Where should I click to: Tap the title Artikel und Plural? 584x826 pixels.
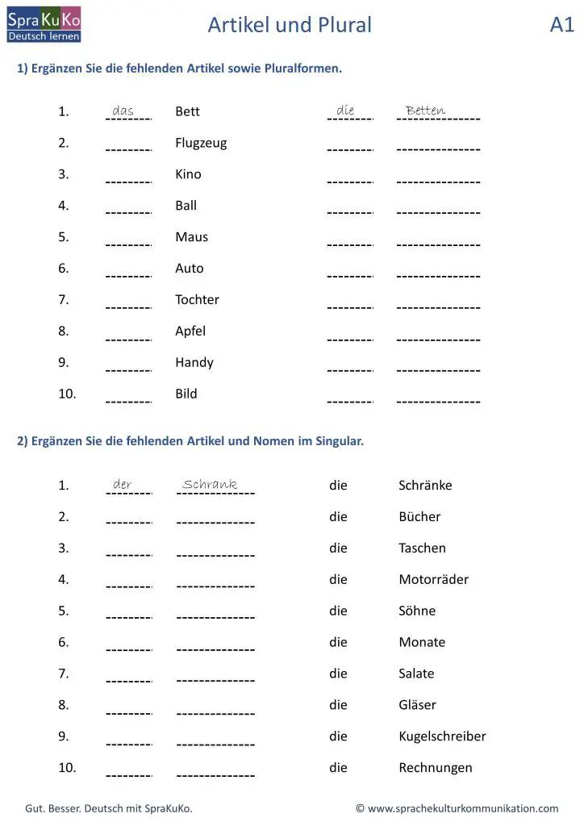290,25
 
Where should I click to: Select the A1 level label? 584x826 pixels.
561,25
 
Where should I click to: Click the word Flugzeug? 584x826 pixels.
201,144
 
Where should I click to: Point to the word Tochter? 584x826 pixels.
197,300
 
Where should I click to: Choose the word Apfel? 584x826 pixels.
190,332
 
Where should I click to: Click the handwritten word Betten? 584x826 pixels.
425,111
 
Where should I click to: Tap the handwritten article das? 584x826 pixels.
123,111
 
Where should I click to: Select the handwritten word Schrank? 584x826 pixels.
210,485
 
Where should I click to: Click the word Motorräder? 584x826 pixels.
433,580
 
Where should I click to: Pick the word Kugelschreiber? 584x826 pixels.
442,736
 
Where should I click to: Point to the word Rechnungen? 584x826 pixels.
436,768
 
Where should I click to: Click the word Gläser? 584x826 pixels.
417,705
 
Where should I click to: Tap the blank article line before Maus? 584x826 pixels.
128,244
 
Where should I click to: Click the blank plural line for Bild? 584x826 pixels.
438,401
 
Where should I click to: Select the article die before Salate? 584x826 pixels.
338,674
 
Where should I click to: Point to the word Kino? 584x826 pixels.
188,174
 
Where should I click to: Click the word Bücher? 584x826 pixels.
419,517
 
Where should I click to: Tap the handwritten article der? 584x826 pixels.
123,485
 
